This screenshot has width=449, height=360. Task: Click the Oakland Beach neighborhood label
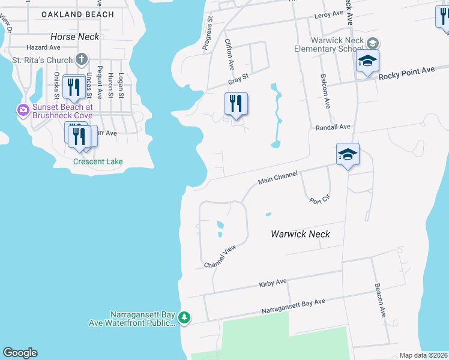[x=78, y=14]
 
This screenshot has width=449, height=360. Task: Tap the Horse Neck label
[x=75, y=37]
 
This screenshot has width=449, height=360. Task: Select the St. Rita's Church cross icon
[x=83, y=59]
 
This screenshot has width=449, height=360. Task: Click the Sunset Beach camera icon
[x=23, y=110]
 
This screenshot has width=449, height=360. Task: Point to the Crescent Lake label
[x=98, y=161]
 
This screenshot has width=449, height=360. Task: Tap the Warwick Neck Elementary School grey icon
[x=373, y=43]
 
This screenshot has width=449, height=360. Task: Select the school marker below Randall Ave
[x=348, y=154]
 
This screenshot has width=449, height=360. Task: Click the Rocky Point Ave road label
[x=406, y=73]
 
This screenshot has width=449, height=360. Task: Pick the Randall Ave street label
[x=333, y=127]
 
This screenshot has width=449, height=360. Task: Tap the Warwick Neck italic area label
[x=300, y=234]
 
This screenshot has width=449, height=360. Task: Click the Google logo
[x=20, y=353]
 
